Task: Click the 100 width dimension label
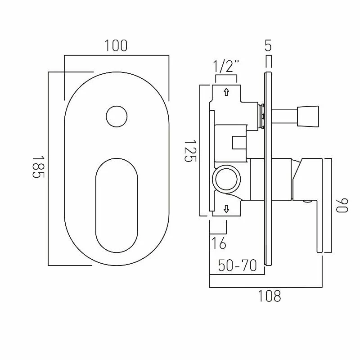point(116,46)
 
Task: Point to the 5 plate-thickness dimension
point(268,46)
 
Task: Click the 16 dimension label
point(219,243)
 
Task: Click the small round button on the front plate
point(117,117)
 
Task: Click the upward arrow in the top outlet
point(226,92)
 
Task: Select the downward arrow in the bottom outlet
point(226,209)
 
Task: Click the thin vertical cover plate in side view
point(269,171)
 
